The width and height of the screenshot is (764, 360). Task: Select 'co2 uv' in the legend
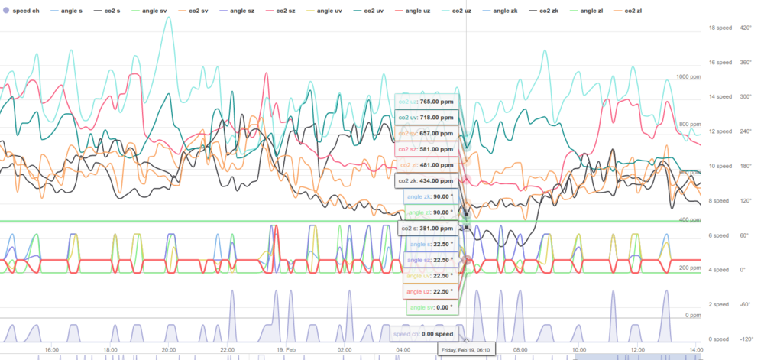[x=374, y=11]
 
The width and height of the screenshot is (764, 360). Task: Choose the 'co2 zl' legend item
[x=632, y=11]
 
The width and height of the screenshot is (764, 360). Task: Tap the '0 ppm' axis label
[x=693, y=315]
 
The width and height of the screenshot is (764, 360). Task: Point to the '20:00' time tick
[x=168, y=350]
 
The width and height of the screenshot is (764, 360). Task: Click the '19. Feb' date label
[x=286, y=350]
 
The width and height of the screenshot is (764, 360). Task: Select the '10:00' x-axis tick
[x=578, y=350]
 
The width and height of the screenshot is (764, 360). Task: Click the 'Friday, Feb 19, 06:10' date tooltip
[x=467, y=350]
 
